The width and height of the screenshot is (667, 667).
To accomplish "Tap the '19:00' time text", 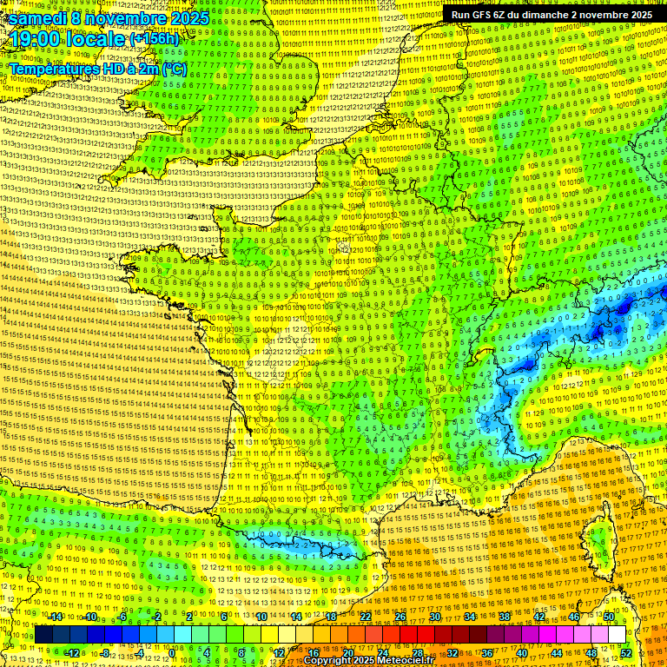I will pyautogui.click(x=35, y=39).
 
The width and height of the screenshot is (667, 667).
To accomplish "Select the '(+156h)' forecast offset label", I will pyautogui.click(x=154, y=38).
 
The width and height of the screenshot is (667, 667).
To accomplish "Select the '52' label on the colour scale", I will pyautogui.click(x=626, y=653).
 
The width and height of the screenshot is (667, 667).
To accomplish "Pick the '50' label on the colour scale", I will pyautogui.click(x=609, y=616).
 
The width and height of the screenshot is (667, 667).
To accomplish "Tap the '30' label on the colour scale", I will pyautogui.click(x=435, y=616).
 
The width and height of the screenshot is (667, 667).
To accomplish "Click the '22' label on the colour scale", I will pyautogui.click(x=366, y=616).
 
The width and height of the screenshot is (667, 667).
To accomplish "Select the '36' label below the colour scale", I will pyautogui.click(x=487, y=653).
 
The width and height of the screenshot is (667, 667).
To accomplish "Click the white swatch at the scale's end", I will pyautogui.click(x=617, y=635).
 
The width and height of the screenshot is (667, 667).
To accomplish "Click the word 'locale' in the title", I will pyautogui.click(x=96, y=39).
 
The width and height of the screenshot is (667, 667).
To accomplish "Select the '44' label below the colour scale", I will pyautogui.click(x=557, y=653).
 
